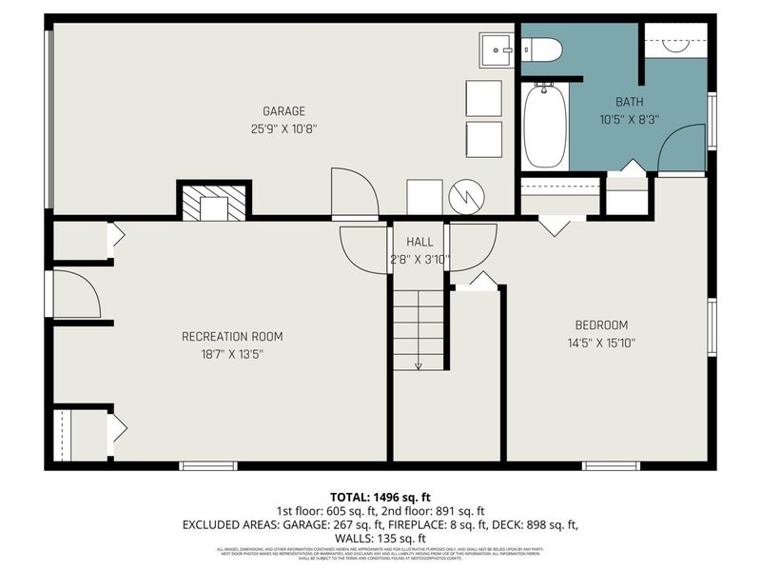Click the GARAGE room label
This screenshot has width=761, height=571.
pyautogui.click(x=283, y=111)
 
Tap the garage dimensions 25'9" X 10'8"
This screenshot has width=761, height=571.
pyautogui.click(x=283, y=129)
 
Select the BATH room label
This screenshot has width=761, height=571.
pyautogui.click(x=630, y=102)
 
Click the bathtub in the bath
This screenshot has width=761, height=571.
pyautogui.click(x=544, y=126)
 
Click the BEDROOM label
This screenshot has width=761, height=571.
pyautogui.click(x=600, y=325)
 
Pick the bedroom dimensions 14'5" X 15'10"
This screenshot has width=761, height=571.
pyautogui.click(x=600, y=344)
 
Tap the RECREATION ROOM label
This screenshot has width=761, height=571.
pyautogui.click(x=232, y=336)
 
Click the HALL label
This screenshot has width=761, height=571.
pyautogui.click(x=420, y=242)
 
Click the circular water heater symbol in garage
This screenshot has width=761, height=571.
pyautogui.click(x=468, y=197)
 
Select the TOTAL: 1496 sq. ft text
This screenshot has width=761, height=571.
pyautogui.click(x=380, y=497)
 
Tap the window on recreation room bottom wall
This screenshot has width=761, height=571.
pyautogui.click(x=208, y=465)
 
